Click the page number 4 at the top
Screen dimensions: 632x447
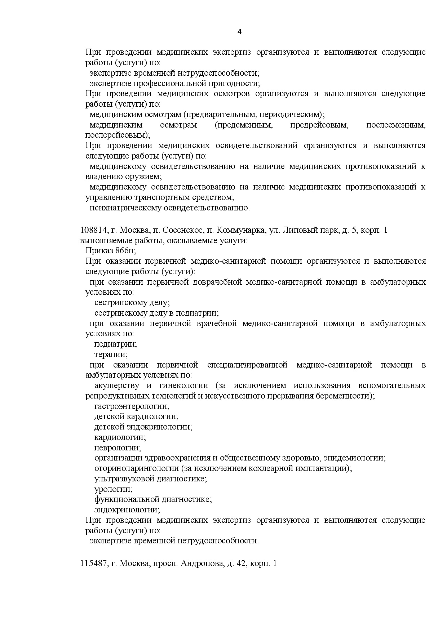click(x=240, y=32)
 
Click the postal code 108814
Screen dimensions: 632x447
click(x=93, y=230)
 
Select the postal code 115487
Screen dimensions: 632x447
click(x=93, y=564)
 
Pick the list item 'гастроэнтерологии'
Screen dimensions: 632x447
click(x=132, y=406)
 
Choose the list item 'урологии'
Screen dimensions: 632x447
click(x=113, y=490)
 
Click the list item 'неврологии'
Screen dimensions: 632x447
click(x=118, y=448)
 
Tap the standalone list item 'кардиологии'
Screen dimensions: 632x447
click(x=120, y=437)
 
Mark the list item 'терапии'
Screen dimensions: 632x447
click(x=111, y=355)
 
